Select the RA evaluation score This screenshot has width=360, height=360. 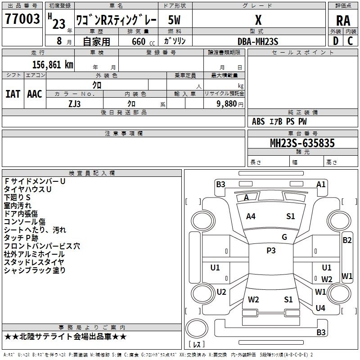pos(343,21)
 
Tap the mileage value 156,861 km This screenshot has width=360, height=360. pos(53,65)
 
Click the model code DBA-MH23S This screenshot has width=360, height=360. pos(258,41)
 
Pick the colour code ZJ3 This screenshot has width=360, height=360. pos(75,103)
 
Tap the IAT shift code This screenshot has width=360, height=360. pos(13,94)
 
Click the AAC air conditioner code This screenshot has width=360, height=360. pos(35,94)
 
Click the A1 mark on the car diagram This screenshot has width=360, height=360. pos(321,184)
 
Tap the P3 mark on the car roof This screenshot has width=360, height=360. pos(271,251)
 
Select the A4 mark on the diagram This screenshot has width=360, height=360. pos(251,216)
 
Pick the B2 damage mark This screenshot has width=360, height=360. pos(347,240)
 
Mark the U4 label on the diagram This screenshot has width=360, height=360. pos(320,308)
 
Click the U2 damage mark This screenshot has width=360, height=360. pos(221,292)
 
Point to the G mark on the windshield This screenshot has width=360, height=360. pos(284,237)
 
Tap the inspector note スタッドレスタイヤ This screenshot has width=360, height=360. pos(34,262)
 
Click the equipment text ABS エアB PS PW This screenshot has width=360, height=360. pos(279,121)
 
